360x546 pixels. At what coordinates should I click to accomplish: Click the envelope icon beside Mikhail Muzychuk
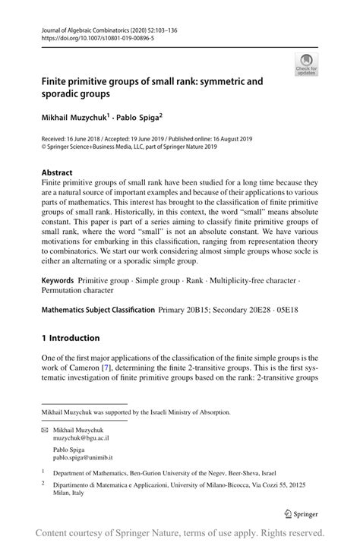point(46,430)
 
